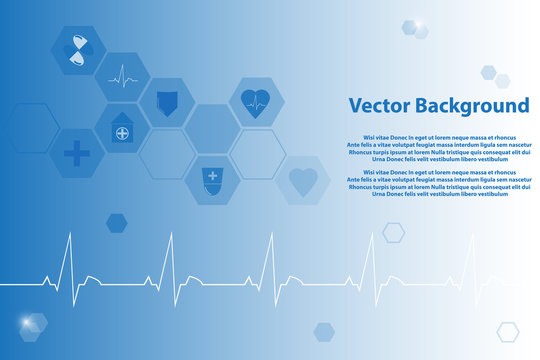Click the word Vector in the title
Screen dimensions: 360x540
tap(378, 106)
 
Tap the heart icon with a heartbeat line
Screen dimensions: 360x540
tap(257, 102)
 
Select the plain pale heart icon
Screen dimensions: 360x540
tap(302, 181)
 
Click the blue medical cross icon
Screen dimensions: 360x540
tap(77, 154)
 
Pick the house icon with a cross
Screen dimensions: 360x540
tap(122, 129)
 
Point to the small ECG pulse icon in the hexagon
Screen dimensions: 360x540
tap(122, 76)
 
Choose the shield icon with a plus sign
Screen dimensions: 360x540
tap(212, 180)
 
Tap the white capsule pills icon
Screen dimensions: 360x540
tap(78, 51)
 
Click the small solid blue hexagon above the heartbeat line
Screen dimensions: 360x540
tap(117, 223)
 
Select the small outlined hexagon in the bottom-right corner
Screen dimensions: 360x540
tap(508, 332)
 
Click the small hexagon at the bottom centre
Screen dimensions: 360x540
tap(324, 332)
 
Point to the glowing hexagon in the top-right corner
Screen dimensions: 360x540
tap(414, 28)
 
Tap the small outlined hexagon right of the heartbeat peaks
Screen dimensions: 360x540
tap(393, 233)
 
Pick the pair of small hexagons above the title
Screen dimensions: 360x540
tap(494, 76)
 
